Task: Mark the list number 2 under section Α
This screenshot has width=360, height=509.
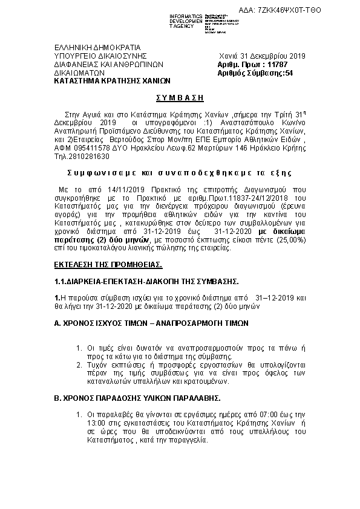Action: point(79,365)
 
